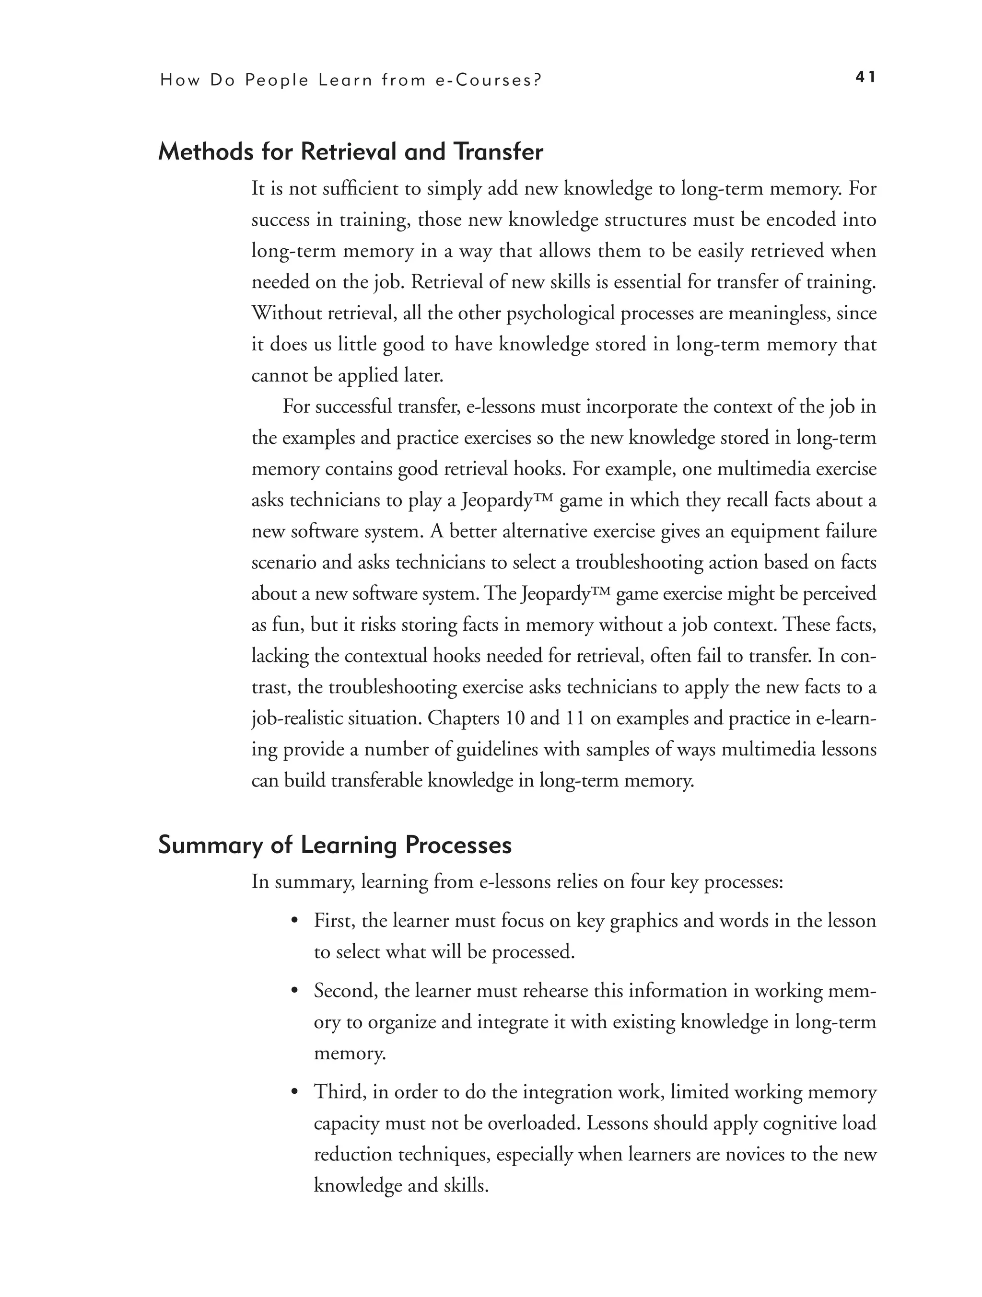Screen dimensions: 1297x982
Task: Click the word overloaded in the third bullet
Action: point(533,1123)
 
